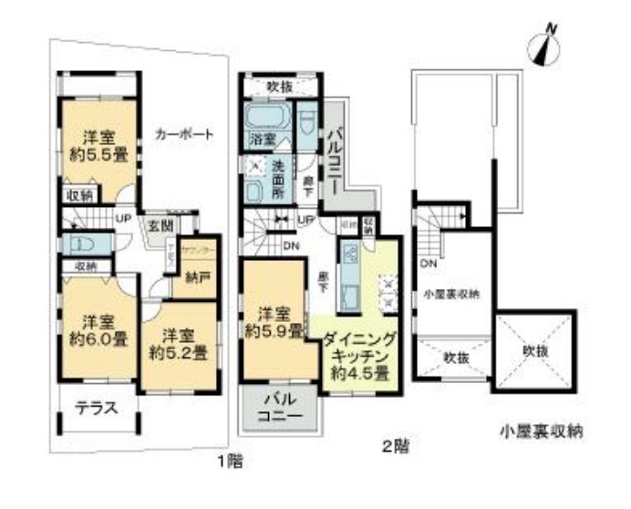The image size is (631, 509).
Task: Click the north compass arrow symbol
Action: pyautogui.click(x=546, y=46)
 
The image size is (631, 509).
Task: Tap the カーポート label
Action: pyautogui.click(x=183, y=134)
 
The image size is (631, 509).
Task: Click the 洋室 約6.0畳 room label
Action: pyautogui.click(x=98, y=329)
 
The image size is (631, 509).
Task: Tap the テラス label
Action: pyautogui.click(x=96, y=408)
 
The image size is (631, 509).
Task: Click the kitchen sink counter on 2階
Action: pyautogui.click(x=349, y=273)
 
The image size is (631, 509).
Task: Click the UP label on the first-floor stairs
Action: pyautogui.click(x=120, y=219)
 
